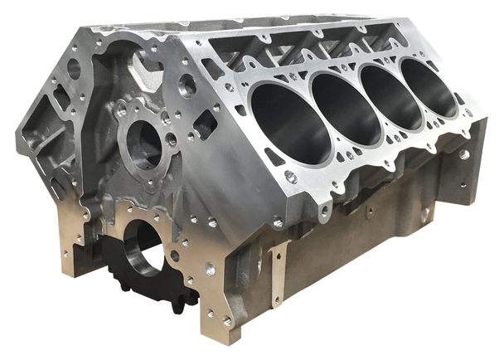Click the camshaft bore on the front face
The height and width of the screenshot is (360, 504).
143,140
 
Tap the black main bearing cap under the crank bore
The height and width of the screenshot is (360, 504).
133,274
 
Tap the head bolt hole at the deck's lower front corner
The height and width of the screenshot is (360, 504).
289,176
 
